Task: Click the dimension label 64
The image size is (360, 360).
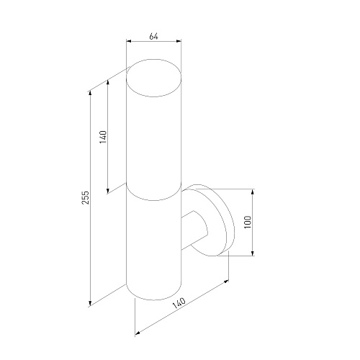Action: pos(153,37)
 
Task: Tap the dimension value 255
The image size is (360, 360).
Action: pos(86,197)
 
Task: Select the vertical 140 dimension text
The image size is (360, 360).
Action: pos(103,137)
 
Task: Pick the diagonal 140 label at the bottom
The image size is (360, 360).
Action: pos(179,304)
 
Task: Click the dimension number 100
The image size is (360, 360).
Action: pos(248,222)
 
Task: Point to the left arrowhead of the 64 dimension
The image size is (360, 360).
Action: pos(129,41)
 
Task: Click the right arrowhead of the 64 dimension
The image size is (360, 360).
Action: pos(179,41)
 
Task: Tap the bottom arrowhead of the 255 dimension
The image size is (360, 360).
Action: pos(90,303)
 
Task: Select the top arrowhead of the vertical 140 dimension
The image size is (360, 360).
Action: pos(108,82)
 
